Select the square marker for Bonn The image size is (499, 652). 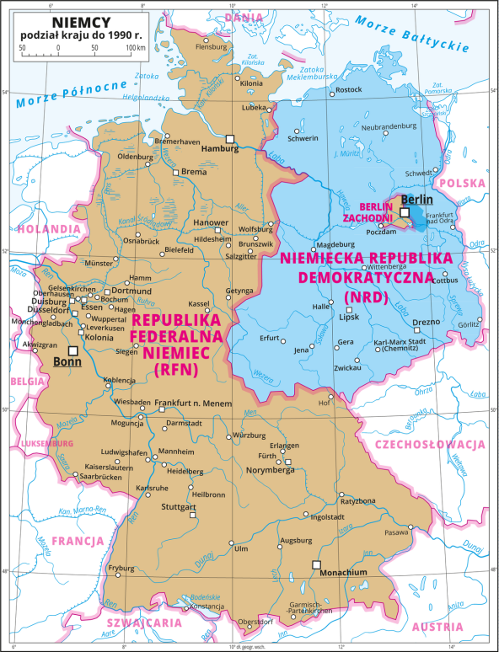point(73,350)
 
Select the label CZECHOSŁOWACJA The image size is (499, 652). point(430,444)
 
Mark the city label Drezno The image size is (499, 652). point(426,321)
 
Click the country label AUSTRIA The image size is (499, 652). point(437,627)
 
